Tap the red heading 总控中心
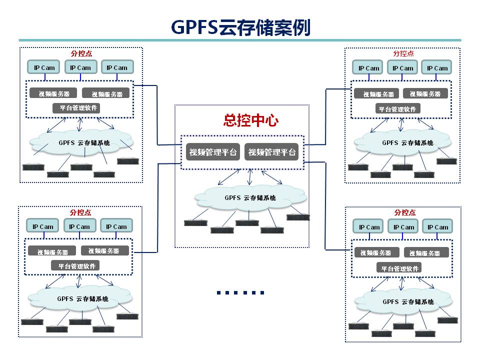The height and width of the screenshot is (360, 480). click(x=250, y=120)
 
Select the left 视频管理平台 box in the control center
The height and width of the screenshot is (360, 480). click(x=212, y=152)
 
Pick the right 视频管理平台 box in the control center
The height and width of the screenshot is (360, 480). click(x=272, y=152)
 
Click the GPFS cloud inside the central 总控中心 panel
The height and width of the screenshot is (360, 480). click(x=250, y=197)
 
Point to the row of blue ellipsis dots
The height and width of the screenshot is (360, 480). click(x=240, y=292)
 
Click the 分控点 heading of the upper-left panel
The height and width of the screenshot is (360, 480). click(x=81, y=53)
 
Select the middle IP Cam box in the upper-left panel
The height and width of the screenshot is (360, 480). click(x=80, y=67)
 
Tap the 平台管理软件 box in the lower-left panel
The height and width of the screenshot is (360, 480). click(x=76, y=266)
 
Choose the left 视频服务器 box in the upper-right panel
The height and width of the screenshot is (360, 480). click(x=376, y=93)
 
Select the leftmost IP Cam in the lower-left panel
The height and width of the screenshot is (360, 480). click(x=43, y=226)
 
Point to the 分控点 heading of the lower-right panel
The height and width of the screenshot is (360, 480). click(x=404, y=212)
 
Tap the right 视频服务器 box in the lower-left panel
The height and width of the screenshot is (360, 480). click(x=104, y=250)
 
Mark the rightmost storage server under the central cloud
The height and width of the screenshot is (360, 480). click(x=298, y=217)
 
